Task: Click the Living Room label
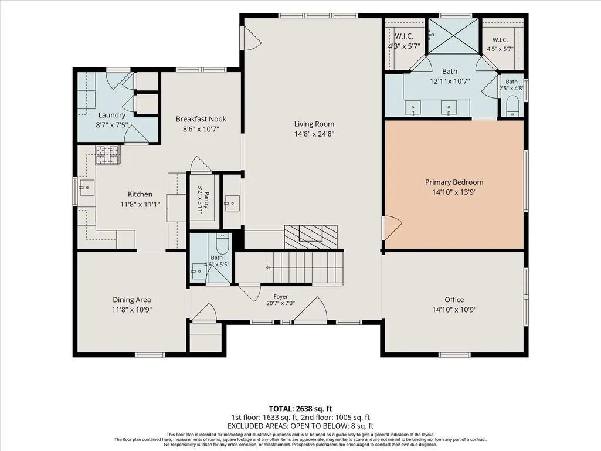point(314,124)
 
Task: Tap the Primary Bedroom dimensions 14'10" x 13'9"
point(454,192)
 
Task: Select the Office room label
point(454,300)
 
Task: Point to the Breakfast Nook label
point(201,119)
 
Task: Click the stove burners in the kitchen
point(108,155)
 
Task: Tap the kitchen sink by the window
point(87,188)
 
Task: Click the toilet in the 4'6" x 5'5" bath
point(222,243)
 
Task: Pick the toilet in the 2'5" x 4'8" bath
point(512,107)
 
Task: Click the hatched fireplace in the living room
point(310,236)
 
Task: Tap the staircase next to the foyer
point(304,267)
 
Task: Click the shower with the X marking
point(453,36)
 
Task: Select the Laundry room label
point(111,115)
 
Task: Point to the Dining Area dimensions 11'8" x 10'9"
point(132,310)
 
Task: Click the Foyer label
point(281,296)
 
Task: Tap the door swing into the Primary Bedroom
point(393,227)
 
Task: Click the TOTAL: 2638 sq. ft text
point(300,409)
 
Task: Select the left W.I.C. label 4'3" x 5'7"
point(404,42)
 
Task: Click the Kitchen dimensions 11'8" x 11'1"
point(140,205)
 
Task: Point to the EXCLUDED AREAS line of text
point(300,426)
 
